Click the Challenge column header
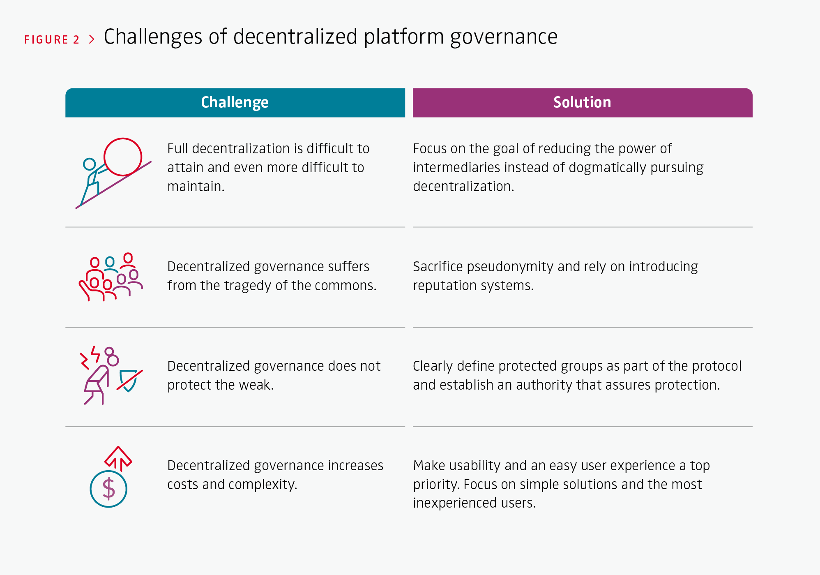coord(235,102)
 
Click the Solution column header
coord(583,102)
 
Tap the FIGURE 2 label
coord(52,40)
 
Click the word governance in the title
coord(504,37)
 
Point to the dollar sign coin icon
coord(108,489)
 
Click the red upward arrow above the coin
coord(118,458)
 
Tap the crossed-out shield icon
coord(129,380)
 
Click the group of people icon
coord(111,277)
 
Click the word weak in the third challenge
coord(254,385)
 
